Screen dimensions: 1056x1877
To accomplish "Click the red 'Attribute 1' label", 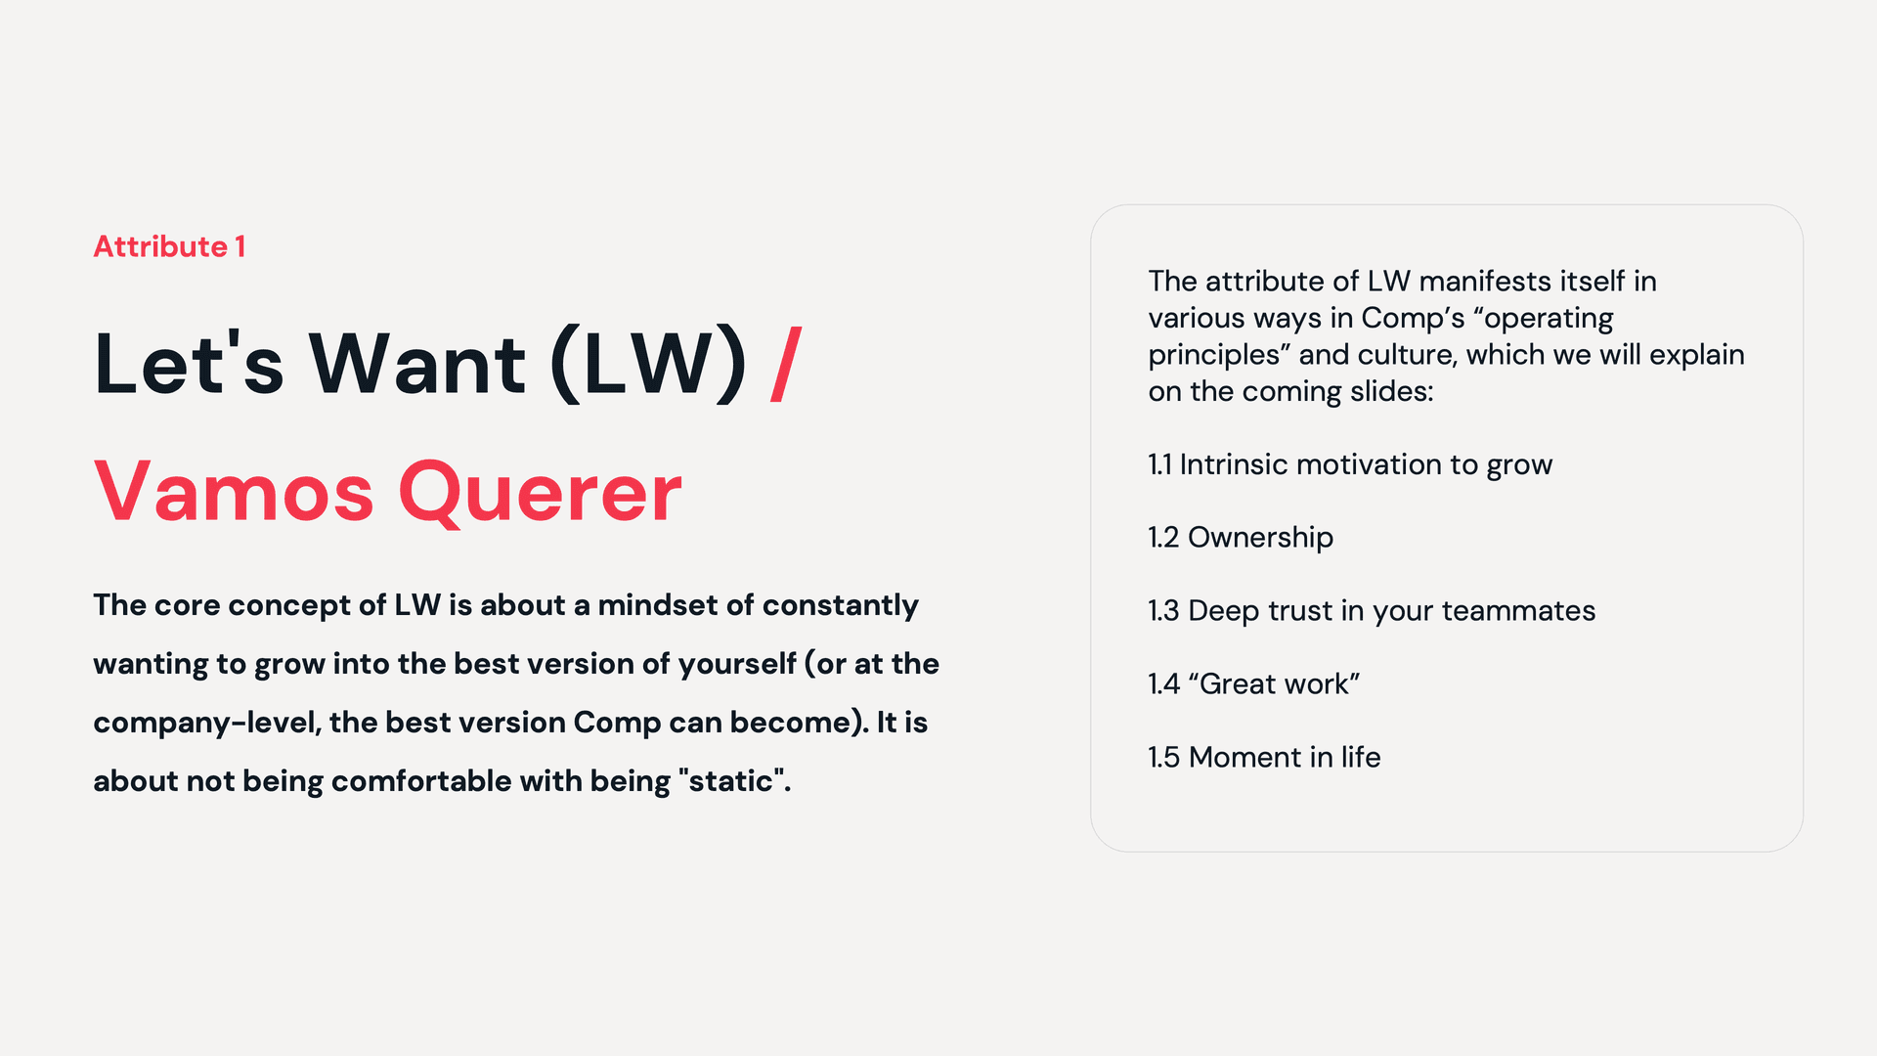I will point(169,246).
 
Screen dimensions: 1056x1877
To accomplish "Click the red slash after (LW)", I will point(786,365).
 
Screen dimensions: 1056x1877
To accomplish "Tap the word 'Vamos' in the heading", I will point(234,492).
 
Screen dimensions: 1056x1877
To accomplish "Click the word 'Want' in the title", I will point(417,365).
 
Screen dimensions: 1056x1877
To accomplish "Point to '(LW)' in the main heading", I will point(648,365).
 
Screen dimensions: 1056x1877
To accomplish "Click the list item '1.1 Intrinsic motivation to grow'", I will point(1349,464).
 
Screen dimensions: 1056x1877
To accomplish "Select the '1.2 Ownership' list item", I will point(1240,538).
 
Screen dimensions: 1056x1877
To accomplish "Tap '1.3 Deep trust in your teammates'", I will point(1371,611).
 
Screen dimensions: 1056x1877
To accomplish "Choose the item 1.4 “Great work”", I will point(1253,683).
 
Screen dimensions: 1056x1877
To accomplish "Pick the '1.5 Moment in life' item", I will point(1263,757).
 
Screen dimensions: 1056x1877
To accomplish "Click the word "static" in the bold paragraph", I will point(732,781).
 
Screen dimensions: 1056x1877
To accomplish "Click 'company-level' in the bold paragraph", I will point(206,724).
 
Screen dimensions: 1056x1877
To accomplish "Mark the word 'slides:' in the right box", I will point(1391,391).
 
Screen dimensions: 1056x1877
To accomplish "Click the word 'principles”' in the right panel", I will point(1219,355).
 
